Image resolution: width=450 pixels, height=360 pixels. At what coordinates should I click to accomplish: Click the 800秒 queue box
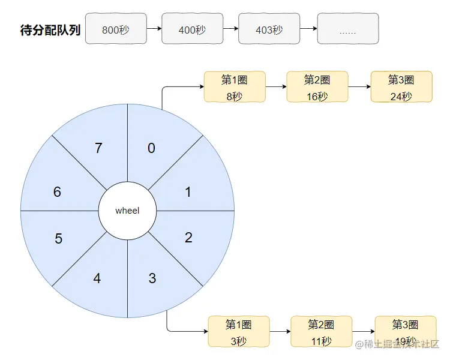coord(116,29)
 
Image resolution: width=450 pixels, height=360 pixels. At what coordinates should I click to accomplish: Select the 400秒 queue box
coord(192,29)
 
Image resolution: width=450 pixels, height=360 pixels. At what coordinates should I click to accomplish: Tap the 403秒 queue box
coord(269,29)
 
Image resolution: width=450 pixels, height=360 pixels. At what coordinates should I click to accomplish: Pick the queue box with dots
coord(347,29)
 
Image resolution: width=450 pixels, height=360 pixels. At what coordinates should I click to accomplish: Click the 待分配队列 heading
coord(50,31)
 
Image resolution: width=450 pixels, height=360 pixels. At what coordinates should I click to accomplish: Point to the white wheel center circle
coord(127,211)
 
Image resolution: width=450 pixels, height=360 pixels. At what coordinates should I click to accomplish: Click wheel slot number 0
coord(151,148)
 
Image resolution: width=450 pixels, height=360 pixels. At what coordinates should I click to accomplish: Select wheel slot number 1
coord(188,192)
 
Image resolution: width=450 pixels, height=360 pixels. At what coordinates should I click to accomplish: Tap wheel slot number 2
coord(188,238)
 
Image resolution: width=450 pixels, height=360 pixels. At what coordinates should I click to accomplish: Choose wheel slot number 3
coord(152,278)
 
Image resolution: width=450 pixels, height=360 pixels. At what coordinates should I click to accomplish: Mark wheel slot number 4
coord(97,278)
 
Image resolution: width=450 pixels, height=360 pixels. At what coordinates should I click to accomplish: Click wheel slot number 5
coord(58,239)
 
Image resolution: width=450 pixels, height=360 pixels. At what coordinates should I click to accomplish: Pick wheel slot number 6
coord(57,192)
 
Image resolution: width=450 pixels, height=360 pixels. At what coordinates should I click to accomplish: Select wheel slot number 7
coord(98,148)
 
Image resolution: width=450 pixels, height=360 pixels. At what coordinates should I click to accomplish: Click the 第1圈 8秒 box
coord(235,87)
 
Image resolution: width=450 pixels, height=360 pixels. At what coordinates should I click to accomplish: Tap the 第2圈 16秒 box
coord(317,87)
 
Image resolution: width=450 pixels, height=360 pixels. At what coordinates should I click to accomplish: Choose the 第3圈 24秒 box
coord(401,87)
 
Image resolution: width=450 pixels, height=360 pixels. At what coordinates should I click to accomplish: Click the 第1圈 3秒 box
coord(238,332)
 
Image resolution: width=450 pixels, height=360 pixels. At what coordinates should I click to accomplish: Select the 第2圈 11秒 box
coord(321,332)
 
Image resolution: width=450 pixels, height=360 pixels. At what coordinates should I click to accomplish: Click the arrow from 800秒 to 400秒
coord(154,29)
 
